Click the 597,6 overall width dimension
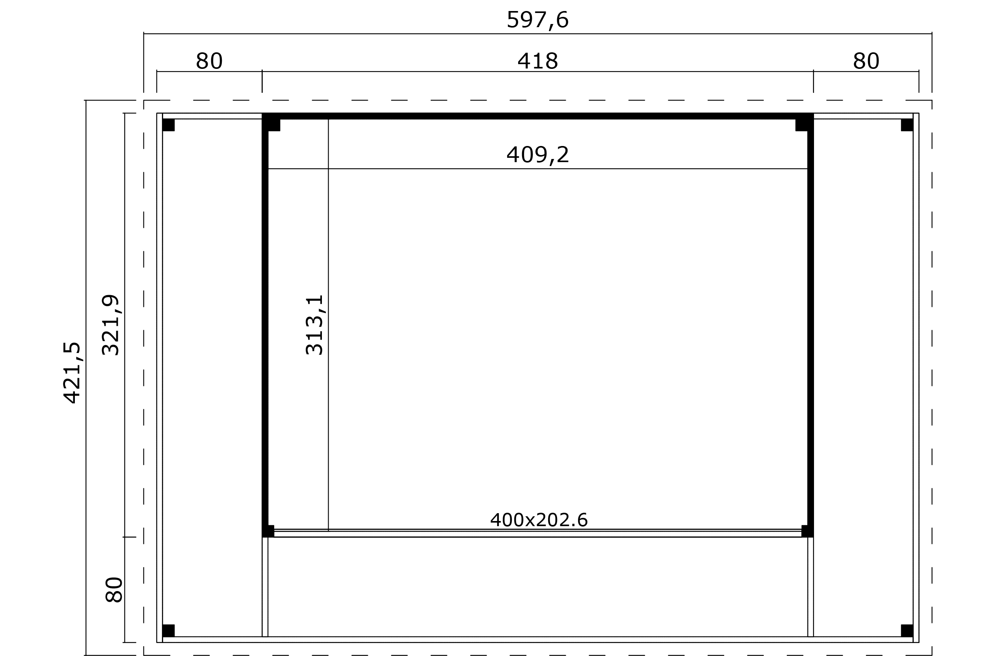point(537,20)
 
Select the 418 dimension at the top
point(538,61)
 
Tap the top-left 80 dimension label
point(209,61)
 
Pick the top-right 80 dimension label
point(866,61)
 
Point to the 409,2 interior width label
point(538,155)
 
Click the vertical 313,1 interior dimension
point(315,325)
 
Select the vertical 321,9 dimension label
point(111,325)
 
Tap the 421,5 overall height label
point(72,373)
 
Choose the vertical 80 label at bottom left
point(113,590)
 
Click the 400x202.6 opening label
point(539,520)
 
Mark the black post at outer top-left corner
point(168,125)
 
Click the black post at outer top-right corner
point(907,125)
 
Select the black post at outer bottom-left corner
point(168,630)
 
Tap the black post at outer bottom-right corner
point(907,630)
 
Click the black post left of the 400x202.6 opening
point(268,531)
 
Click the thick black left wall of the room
point(265,325)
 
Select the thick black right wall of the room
point(810,325)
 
